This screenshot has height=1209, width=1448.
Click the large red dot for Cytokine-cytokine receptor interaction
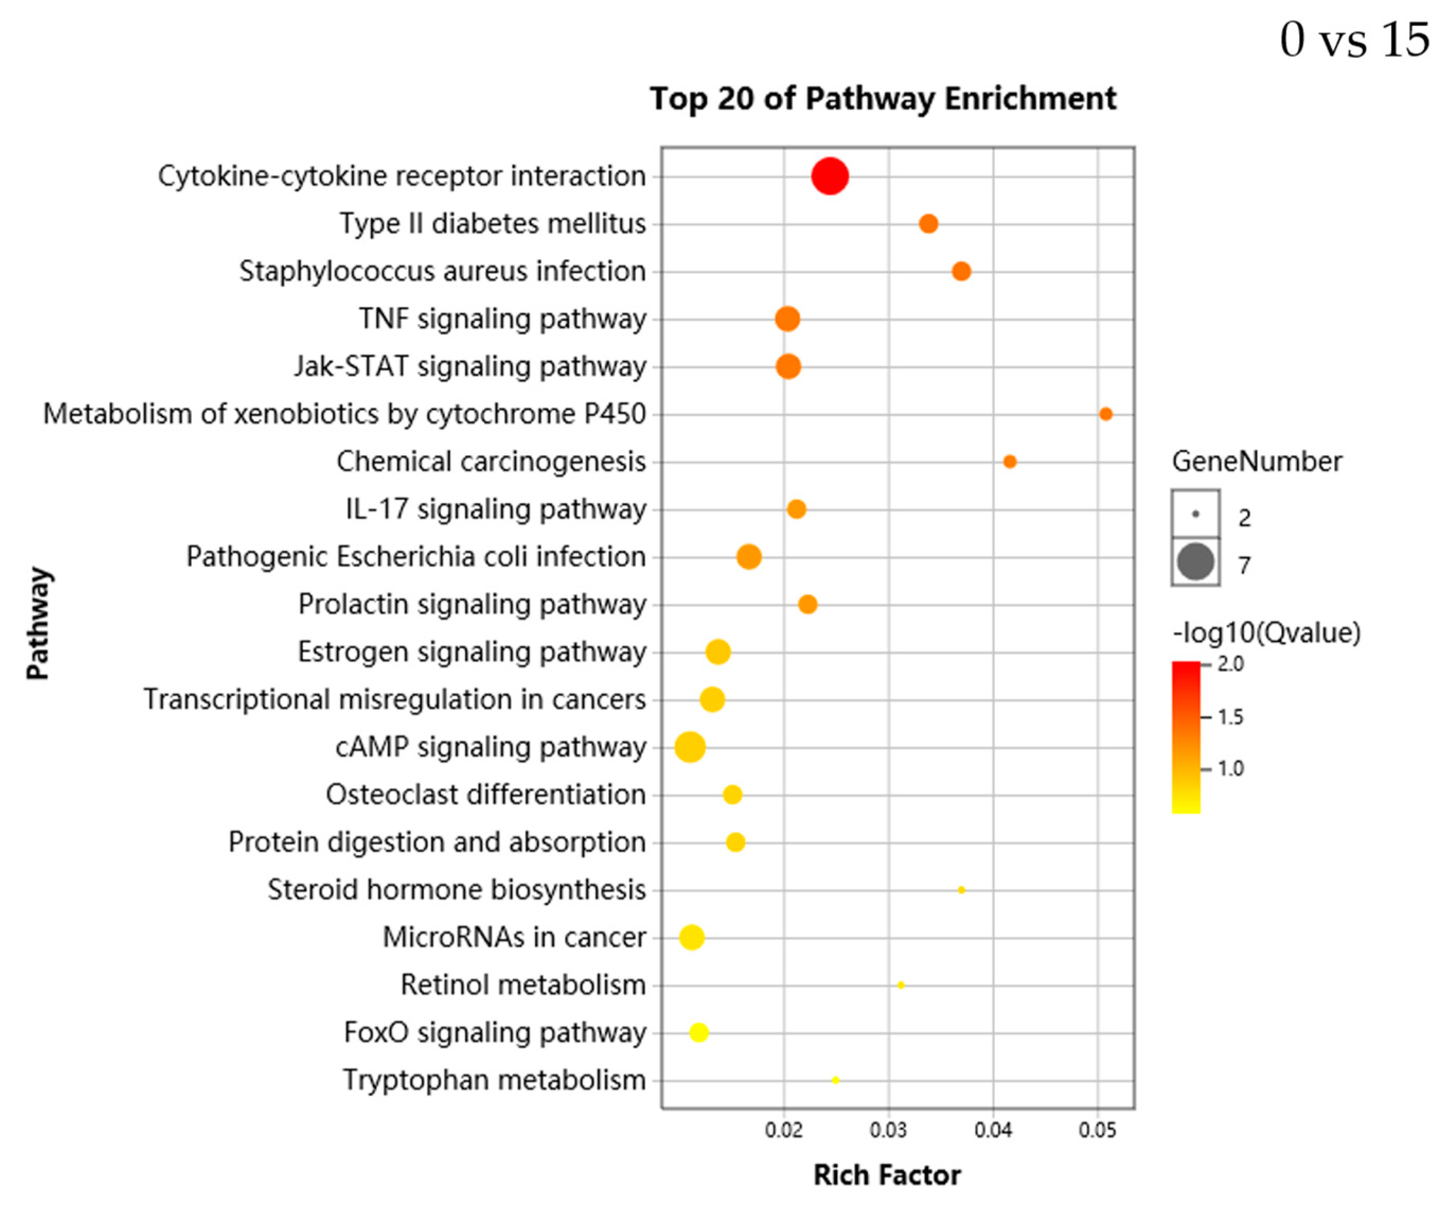click(830, 177)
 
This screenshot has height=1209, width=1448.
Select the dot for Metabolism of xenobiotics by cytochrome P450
click(1105, 414)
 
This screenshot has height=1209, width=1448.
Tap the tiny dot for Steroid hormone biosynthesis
click(961, 890)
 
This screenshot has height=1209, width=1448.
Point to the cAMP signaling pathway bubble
click(689, 747)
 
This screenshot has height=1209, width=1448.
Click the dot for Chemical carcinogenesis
click(1009, 462)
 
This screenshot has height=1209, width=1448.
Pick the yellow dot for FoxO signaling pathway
click(698, 1032)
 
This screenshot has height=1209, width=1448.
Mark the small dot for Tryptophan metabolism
click(836, 1080)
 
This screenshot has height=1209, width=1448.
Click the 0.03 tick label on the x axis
click(888, 1131)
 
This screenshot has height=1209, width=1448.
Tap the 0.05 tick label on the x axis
click(1097, 1131)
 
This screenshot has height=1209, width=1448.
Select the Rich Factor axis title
click(887, 1175)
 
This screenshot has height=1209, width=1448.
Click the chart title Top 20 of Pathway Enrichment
click(883, 99)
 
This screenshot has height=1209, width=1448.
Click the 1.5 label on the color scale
click(1231, 717)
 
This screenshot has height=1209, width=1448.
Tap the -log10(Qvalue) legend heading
click(1266, 632)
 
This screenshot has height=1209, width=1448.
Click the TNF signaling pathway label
click(502, 319)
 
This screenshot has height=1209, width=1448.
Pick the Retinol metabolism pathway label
click(522, 985)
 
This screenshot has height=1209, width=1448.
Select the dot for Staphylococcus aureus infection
click(961, 271)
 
